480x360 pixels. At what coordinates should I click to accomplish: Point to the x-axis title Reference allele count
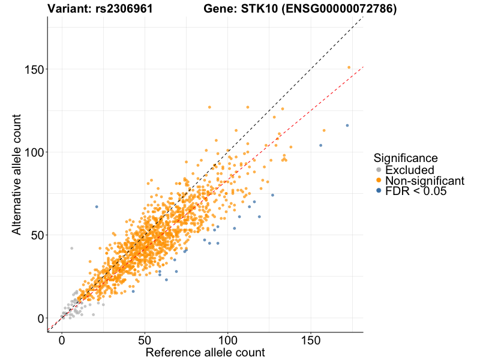[205, 353]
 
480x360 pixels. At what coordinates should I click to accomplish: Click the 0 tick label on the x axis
[62, 340]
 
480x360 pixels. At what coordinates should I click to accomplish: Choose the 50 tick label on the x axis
[145, 340]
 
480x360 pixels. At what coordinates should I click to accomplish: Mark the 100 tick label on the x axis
[227, 340]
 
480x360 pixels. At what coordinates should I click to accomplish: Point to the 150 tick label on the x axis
[310, 340]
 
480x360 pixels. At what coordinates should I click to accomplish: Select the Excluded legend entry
[409, 170]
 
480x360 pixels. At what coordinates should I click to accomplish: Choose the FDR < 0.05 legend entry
[416, 191]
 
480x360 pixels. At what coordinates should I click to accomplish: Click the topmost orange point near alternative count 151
[349, 68]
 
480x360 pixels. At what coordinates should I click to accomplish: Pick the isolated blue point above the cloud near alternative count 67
[97, 206]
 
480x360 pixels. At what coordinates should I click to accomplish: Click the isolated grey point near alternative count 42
[71, 248]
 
